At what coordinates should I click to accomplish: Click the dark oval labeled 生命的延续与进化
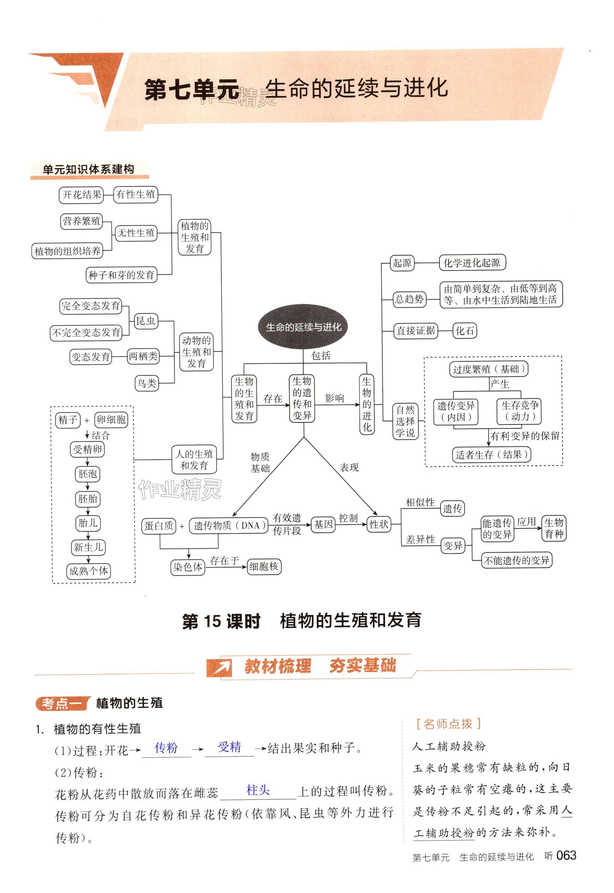click(304, 327)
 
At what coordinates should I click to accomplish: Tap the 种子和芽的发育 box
click(121, 275)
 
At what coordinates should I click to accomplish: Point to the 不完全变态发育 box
click(86, 333)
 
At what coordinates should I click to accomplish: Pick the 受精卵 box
click(88, 449)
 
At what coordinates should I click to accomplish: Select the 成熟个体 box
click(88, 571)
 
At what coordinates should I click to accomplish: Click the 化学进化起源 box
click(472, 263)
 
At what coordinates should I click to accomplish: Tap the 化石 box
click(465, 331)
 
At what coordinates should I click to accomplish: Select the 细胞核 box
click(264, 566)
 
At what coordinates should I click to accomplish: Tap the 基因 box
click(323, 525)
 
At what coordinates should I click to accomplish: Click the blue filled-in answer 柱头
click(258, 790)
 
